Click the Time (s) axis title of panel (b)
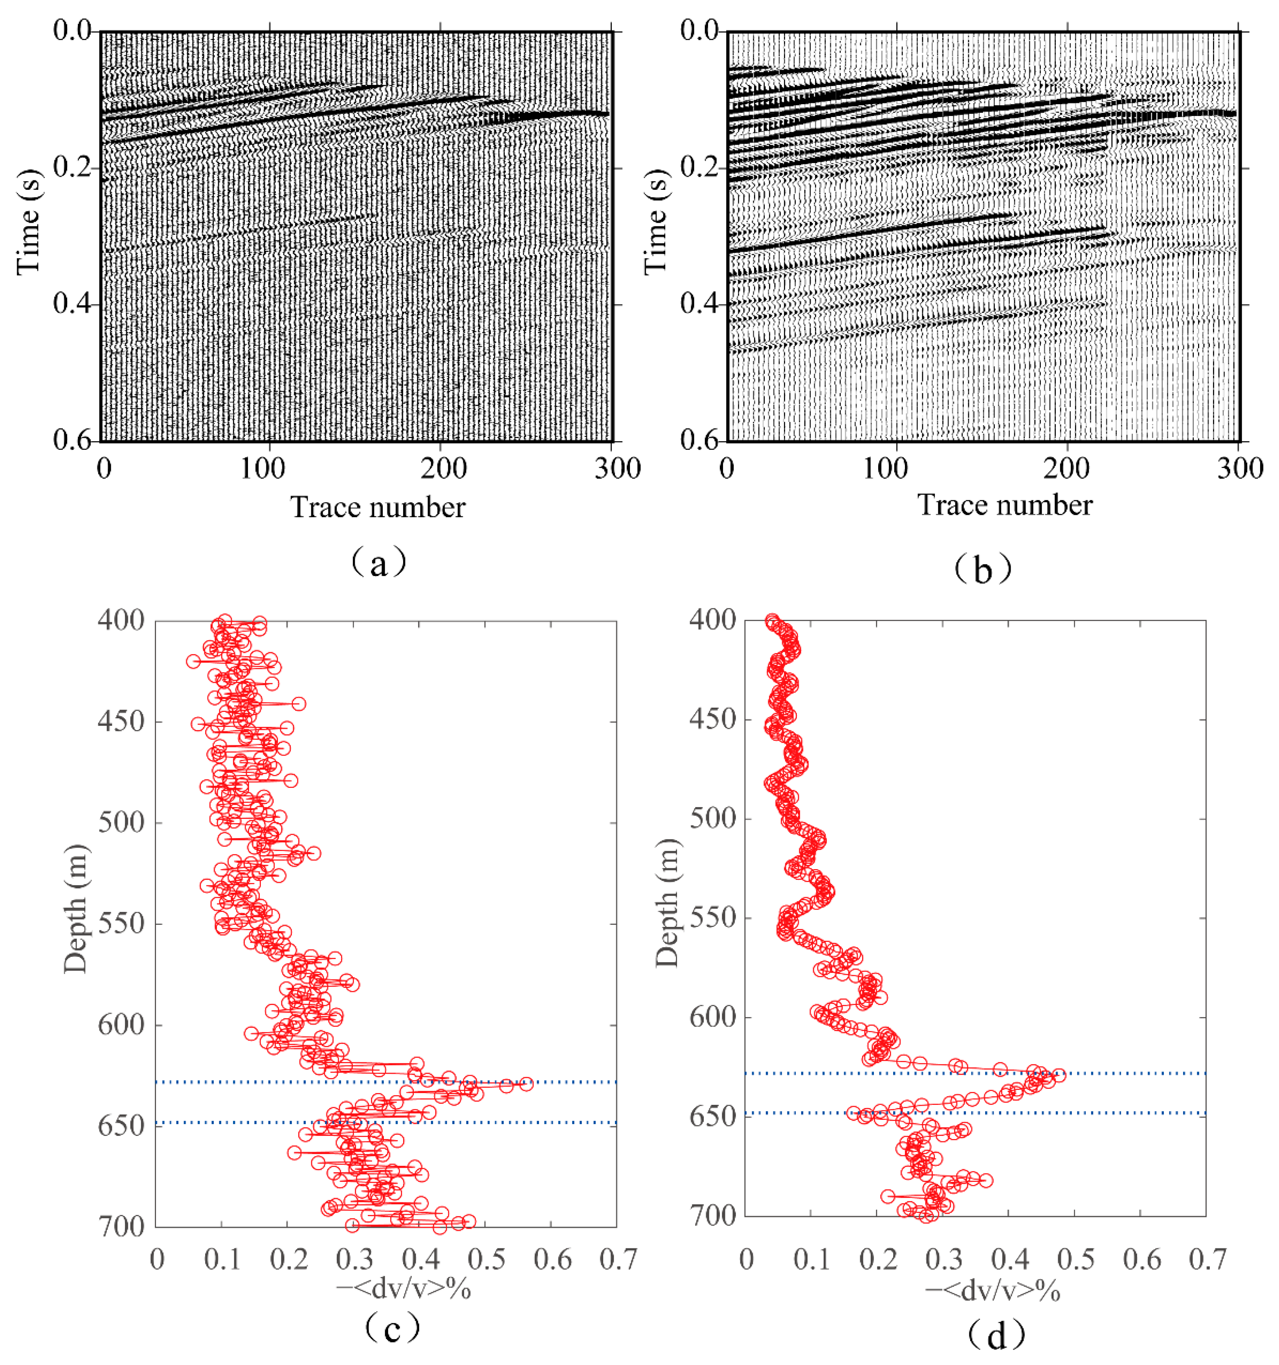(656, 222)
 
